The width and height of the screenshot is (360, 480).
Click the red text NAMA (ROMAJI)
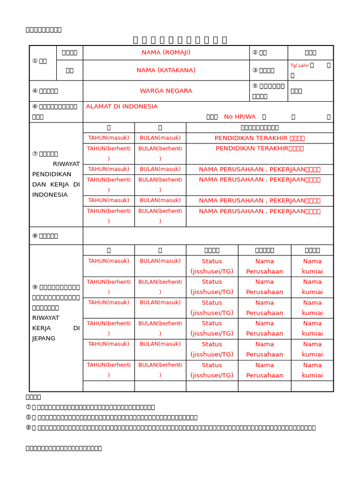click(x=166, y=52)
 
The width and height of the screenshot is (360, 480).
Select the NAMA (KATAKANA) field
click(x=166, y=70)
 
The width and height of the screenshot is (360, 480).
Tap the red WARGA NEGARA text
click(x=166, y=91)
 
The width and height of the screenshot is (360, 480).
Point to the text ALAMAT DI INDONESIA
click(x=122, y=106)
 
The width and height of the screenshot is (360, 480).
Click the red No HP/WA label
click(x=240, y=117)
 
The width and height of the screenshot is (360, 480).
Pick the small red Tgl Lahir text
click(x=300, y=66)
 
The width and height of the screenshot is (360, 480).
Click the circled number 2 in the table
click(x=255, y=52)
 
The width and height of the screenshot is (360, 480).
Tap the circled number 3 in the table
click(x=255, y=70)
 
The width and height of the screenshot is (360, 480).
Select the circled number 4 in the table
click(x=35, y=91)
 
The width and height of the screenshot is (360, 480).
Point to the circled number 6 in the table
click(x=35, y=107)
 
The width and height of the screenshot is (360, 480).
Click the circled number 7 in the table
click(x=35, y=154)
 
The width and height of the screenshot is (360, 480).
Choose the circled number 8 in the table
click(x=35, y=236)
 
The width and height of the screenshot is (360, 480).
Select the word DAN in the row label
click(x=39, y=185)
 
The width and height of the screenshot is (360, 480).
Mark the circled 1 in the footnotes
click(x=28, y=407)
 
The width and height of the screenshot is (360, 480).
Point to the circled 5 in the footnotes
click(x=28, y=417)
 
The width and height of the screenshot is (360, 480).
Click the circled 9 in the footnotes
click(x=28, y=427)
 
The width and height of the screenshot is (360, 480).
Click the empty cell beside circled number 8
click(x=208, y=236)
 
